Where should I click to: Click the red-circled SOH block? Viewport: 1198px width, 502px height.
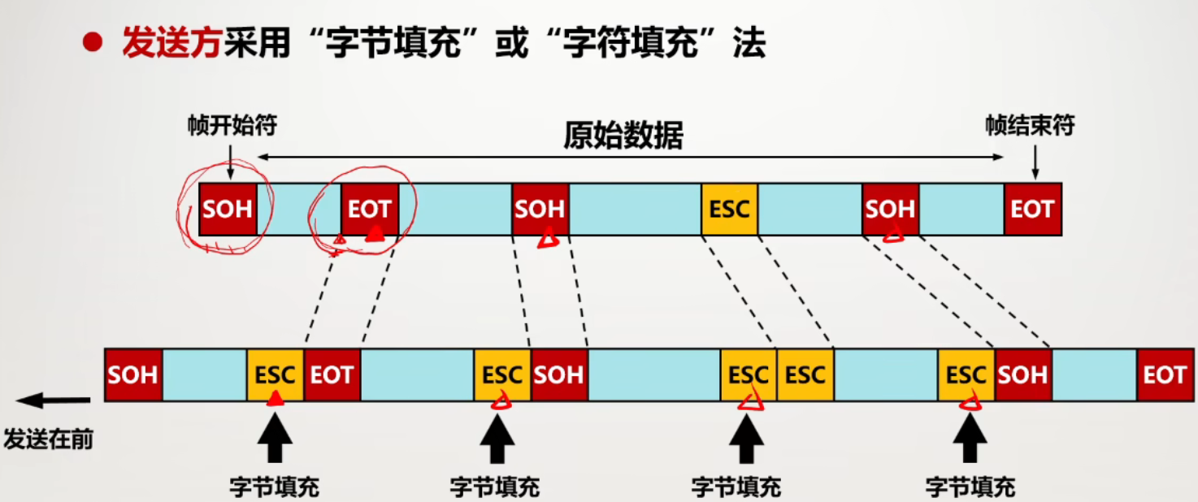(x=228, y=209)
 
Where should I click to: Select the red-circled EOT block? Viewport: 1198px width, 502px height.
(x=370, y=209)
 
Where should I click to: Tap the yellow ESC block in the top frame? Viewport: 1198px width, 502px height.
(x=729, y=209)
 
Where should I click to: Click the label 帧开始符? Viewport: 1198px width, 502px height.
(x=232, y=126)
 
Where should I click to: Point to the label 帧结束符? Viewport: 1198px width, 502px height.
(x=1030, y=126)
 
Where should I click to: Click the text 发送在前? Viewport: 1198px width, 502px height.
(x=49, y=440)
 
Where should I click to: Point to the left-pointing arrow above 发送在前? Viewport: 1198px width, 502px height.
(x=53, y=400)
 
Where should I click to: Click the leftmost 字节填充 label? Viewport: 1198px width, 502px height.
(x=274, y=487)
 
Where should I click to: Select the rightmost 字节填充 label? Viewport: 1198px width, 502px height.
(x=970, y=487)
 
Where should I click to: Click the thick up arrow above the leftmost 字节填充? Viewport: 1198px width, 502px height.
(x=274, y=438)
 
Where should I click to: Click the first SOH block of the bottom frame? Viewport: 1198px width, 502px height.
(x=133, y=374)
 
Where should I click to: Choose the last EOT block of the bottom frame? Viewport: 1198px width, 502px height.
(x=1165, y=374)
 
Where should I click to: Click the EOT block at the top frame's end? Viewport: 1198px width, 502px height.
(x=1032, y=209)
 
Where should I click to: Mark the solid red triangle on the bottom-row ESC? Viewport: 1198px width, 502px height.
(x=276, y=398)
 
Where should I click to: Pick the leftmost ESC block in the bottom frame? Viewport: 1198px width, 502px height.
(x=275, y=374)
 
